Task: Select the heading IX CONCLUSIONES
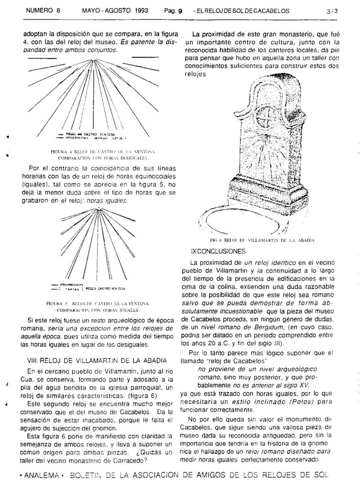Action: (218, 251)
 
